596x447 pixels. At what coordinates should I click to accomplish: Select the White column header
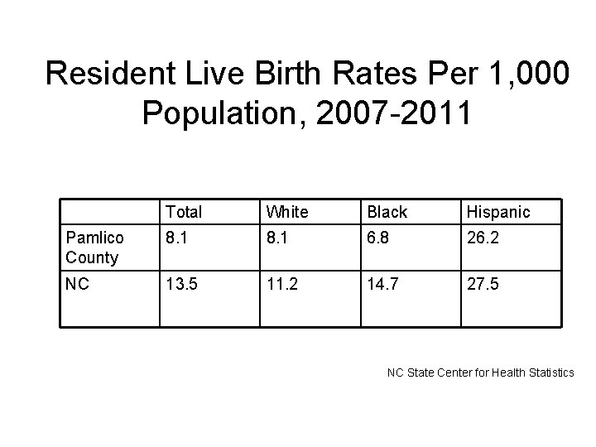coord(288,212)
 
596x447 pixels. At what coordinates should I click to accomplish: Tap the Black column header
coord(387,212)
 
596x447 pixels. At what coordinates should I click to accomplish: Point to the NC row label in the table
coord(77,284)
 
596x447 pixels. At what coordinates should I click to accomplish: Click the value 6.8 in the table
coord(379,238)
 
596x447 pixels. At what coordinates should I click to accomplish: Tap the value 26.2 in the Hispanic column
coord(483,238)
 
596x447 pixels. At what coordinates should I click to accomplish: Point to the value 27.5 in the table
coord(483,285)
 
